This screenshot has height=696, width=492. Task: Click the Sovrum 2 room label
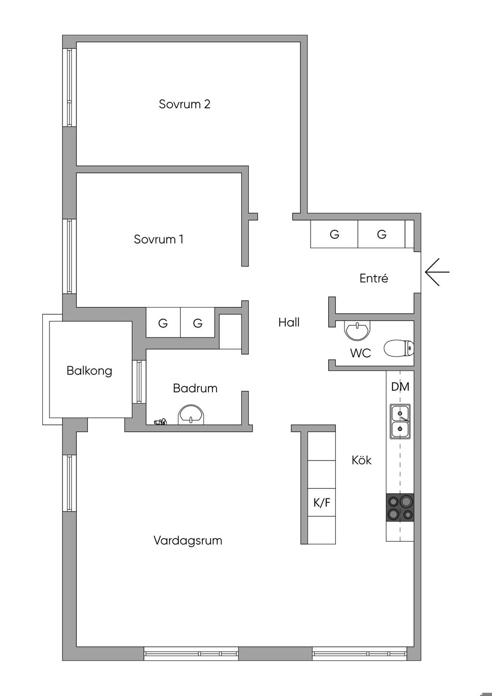coord(184,104)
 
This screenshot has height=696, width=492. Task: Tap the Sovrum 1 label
coord(159,239)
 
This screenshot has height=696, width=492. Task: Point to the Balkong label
coord(89,371)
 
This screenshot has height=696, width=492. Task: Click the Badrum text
coord(195,388)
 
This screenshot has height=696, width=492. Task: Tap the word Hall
coord(289,323)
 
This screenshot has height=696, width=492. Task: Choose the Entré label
coord(374,278)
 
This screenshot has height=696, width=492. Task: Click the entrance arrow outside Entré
coord(437,272)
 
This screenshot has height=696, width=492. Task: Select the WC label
coord(360,353)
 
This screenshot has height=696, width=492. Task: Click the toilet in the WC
coord(399,348)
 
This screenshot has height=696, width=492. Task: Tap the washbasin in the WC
coord(357,330)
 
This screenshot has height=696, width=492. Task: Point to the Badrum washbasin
coord(191,415)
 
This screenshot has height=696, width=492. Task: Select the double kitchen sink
coord(400,422)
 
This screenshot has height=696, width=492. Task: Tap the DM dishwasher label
coord(400,387)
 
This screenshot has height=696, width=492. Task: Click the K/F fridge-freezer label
coord(321,502)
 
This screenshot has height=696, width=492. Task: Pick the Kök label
coord(361,460)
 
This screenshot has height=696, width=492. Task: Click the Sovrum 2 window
coord(69,87)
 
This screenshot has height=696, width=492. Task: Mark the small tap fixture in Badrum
coord(160,422)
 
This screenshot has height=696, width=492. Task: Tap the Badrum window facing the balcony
coord(139,382)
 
